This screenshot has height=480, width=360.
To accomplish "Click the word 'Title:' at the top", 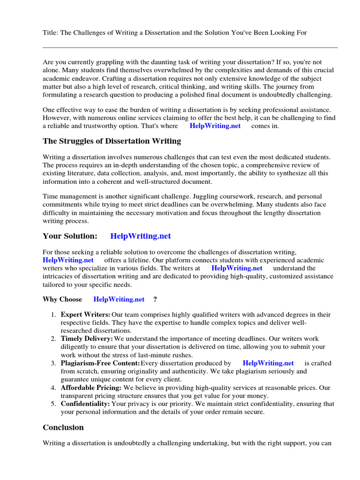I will [51, 32].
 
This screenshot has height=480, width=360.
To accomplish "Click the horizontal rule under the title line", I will [190, 47].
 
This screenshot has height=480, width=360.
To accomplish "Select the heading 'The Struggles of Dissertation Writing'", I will [112, 141].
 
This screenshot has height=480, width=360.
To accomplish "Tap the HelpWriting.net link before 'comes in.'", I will [215, 126].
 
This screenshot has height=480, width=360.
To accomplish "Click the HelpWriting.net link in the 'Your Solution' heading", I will [141, 236].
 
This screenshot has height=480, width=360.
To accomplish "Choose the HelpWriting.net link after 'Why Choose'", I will [119, 299].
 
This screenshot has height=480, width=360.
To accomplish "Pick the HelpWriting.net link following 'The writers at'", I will [237, 268].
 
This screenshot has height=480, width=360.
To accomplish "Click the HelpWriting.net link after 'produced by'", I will [268, 363].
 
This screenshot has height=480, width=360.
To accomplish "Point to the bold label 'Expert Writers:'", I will [86, 314].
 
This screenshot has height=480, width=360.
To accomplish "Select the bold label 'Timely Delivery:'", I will [87, 338].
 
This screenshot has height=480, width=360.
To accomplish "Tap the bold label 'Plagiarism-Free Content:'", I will [100, 363].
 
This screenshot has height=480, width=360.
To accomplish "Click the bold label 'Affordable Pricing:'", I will [91, 388].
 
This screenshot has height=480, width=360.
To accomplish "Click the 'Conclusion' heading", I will [63, 427].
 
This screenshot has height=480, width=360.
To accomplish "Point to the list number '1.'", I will [54, 314].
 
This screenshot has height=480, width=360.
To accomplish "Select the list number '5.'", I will [54, 403].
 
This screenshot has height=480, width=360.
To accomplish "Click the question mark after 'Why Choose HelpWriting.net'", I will [155, 299].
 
